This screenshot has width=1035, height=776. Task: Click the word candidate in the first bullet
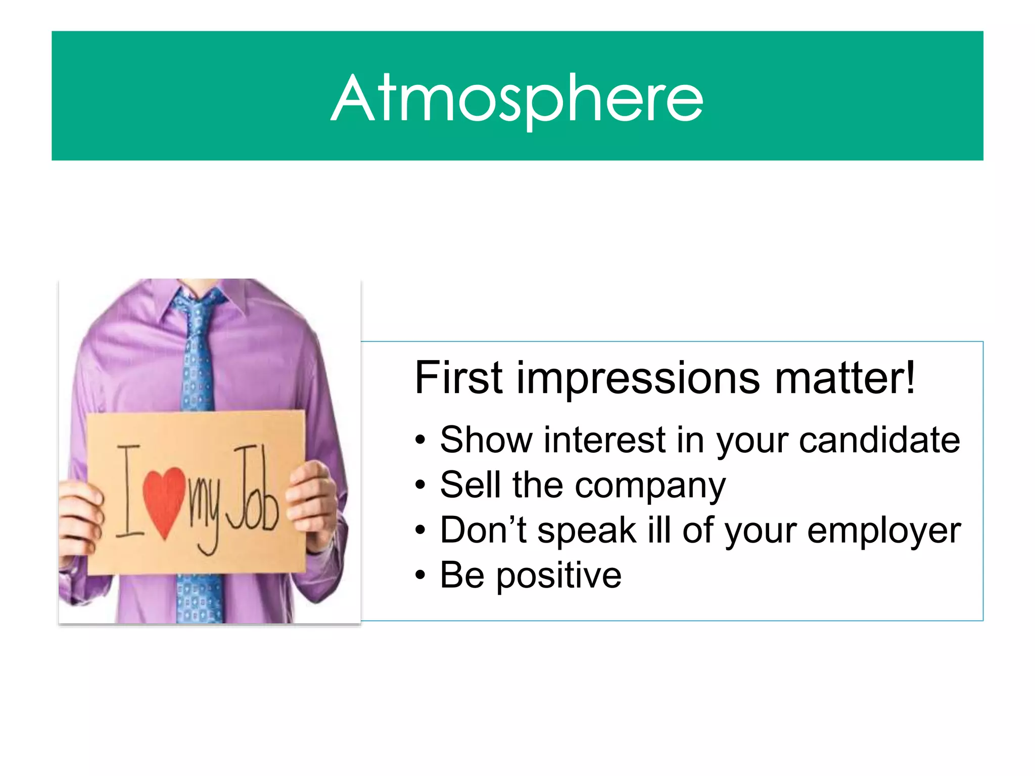(879, 440)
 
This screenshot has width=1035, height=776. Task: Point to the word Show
(486, 440)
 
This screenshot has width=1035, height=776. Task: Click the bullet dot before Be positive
(420, 575)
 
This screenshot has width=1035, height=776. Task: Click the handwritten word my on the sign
(205, 510)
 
